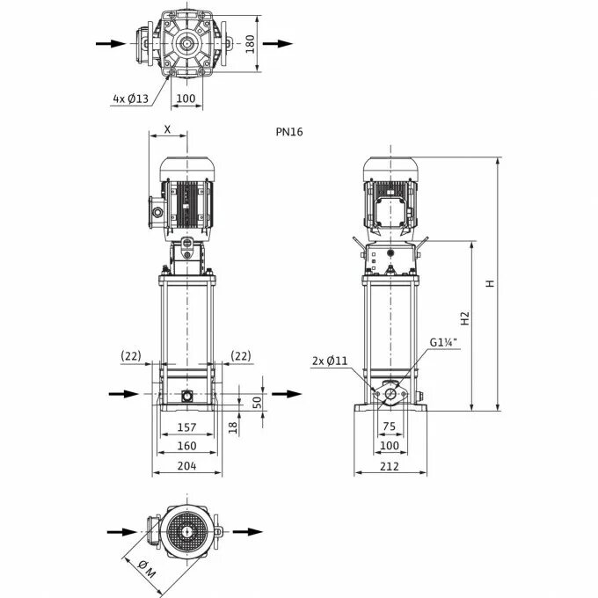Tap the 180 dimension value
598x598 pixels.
pos(250,43)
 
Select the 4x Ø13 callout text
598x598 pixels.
pos(129,98)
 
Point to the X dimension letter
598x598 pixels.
pos(167,128)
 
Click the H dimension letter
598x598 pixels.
pos(492,284)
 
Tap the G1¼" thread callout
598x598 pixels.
pos(444,344)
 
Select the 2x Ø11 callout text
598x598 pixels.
pos(330,361)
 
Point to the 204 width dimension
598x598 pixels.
pos(187,466)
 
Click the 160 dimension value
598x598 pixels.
pos(187,446)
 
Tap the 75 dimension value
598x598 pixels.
pos(390,427)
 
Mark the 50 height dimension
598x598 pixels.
pos(257,402)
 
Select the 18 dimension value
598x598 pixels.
pos(233,427)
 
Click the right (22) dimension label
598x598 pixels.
pos(241,355)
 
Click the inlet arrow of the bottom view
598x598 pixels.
pos(117,531)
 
